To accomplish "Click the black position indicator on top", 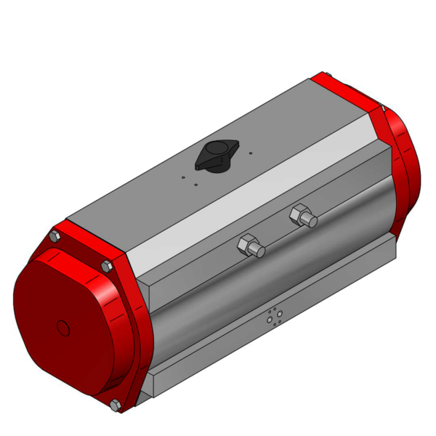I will tap(215, 157).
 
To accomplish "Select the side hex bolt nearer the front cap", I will tap(250, 246).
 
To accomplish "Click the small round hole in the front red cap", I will tap(63, 328).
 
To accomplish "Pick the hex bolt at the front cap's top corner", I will tap(54, 236).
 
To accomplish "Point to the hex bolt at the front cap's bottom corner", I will tap(115, 405).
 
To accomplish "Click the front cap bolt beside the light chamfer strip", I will tap(107, 266).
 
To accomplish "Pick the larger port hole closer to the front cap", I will tap(270, 319).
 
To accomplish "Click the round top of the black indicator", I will tap(214, 150).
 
